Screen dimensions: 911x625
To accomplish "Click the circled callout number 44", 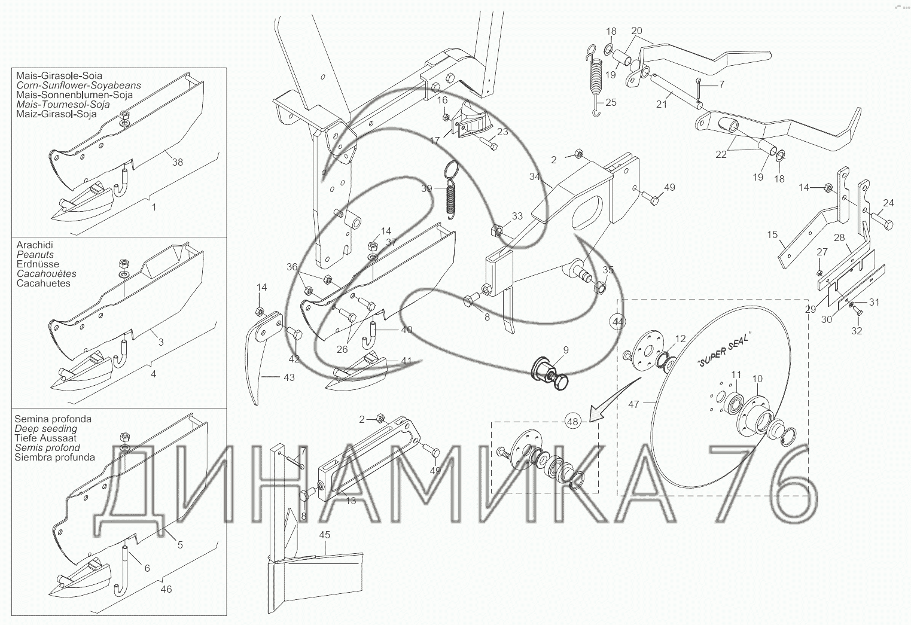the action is tap(618, 322).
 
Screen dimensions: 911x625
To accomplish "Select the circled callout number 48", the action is tap(572, 422).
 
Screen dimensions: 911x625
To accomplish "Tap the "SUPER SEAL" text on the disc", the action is tap(724, 349).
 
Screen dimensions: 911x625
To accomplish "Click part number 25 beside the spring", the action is tap(611, 102).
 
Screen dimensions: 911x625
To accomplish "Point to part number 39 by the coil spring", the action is tap(426, 188).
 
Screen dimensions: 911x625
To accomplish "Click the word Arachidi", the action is tap(35, 245).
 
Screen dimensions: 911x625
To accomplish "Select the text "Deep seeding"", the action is tap(46, 429).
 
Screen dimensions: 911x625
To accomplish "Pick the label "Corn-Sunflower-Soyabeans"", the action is tap(78, 86).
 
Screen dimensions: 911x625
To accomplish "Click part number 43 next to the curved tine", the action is tap(289, 377).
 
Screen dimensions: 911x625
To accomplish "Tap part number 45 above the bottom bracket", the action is tap(325, 535).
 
